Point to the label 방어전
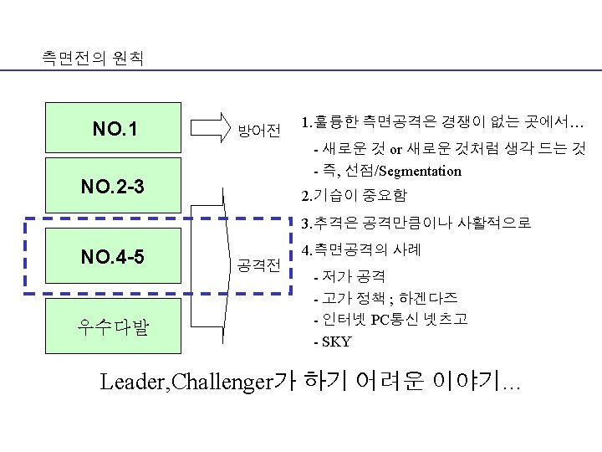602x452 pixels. (x=259, y=131)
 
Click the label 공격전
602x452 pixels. (x=259, y=266)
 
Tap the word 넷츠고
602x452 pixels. (x=446, y=320)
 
